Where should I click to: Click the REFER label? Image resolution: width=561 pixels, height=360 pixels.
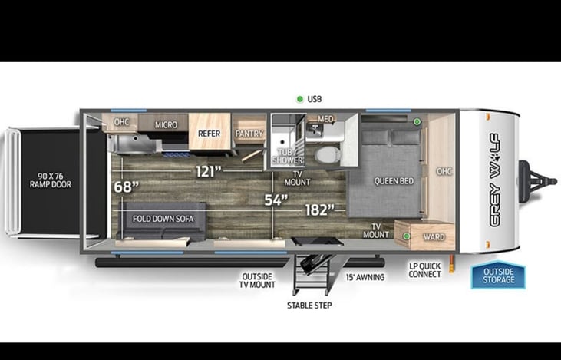point(209,133)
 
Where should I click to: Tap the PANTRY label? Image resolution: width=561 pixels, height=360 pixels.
point(249,134)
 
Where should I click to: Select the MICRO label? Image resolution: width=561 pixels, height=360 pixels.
point(166,124)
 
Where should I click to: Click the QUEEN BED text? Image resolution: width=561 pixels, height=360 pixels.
point(394,181)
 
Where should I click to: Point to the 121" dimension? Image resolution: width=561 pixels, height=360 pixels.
point(208,170)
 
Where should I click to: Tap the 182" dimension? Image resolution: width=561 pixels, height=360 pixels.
point(319,208)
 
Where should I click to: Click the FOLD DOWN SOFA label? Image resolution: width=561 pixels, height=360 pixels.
point(163,219)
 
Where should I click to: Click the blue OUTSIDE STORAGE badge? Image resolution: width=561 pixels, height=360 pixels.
point(498,274)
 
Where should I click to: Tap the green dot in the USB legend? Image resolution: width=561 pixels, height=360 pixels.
point(300,99)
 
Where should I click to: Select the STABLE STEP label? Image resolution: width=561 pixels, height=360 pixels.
point(309,305)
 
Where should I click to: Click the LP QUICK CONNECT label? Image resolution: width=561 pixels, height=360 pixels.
point(425,270)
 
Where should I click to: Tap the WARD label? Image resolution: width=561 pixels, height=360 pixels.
point(433,236)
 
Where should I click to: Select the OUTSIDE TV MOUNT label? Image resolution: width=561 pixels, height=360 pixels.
point(259,280)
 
